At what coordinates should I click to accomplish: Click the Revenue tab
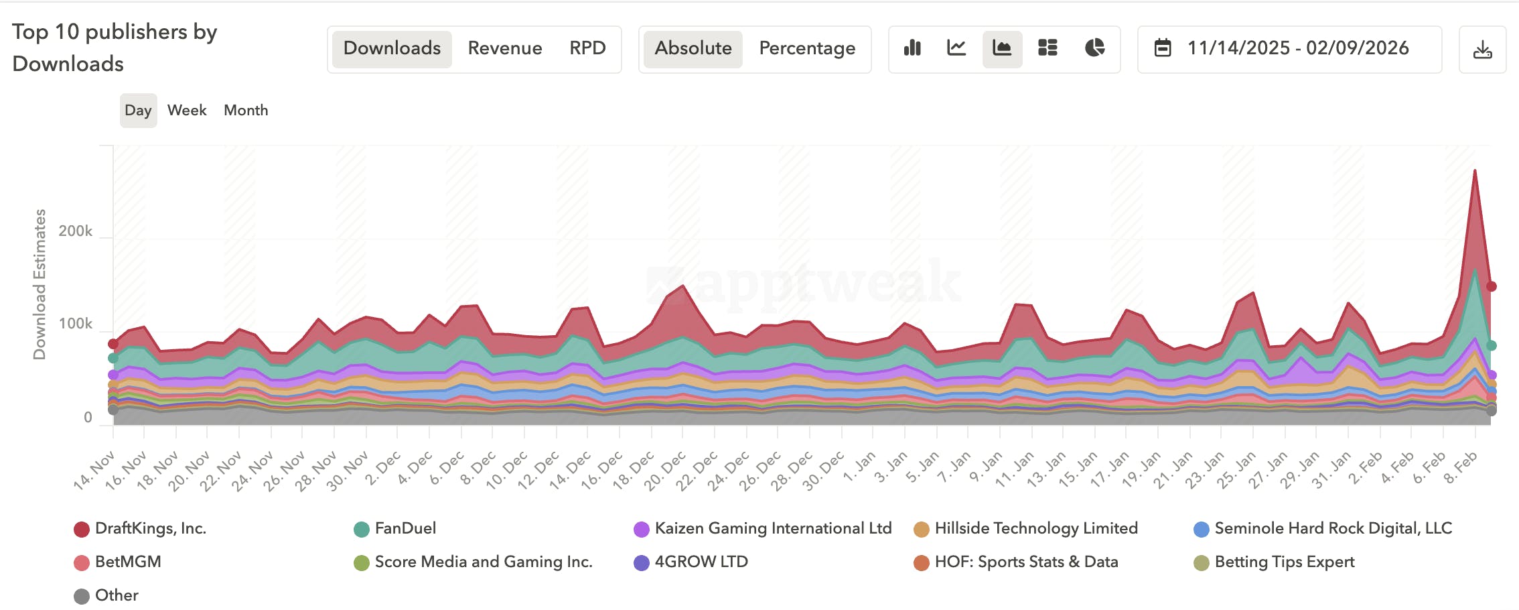point(504,48)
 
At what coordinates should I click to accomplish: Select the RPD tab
point(587,48)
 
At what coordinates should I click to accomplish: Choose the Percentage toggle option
point(806,48)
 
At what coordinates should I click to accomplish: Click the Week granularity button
point(187,111)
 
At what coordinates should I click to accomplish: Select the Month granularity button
point(246,111)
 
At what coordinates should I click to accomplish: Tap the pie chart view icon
point(1094,48)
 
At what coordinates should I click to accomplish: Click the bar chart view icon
point(912,48)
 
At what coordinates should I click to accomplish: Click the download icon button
point(1482,50)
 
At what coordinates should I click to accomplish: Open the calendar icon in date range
point(1163,48)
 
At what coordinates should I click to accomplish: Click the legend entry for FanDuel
point(405,529)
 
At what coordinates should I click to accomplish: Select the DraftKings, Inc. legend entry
point(150,529)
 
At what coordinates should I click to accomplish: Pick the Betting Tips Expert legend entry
point(1284,562)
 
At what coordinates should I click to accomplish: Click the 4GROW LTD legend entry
point(701,562)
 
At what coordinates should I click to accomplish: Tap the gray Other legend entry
point(116,596)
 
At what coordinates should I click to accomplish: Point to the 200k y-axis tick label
point(76,231)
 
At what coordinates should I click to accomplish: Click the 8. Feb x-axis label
point(1460,468)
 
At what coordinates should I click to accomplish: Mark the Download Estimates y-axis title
point(40,284)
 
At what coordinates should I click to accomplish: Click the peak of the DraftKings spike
point(1475,170)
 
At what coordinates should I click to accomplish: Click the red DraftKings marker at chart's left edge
point(113,344)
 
